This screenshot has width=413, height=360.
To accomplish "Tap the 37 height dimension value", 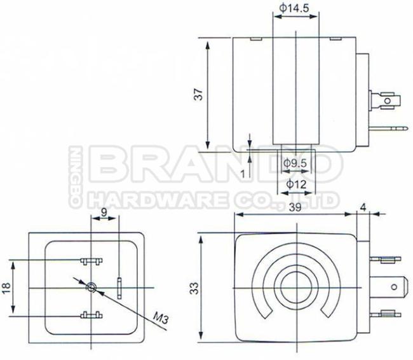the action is tap(199, 94).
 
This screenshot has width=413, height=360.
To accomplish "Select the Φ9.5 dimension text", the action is tap(295, 163).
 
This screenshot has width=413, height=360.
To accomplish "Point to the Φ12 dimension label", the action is tap(296, 184).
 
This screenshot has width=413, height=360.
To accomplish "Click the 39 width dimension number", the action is tap(295, 207).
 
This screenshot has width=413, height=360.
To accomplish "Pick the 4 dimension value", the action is tap(363, 207).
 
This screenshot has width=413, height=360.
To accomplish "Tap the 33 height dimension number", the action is tap(194, 288).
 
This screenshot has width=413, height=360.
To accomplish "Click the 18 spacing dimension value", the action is tap(6, 287).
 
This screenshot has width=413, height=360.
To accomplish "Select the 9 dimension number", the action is tap(104, 212).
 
